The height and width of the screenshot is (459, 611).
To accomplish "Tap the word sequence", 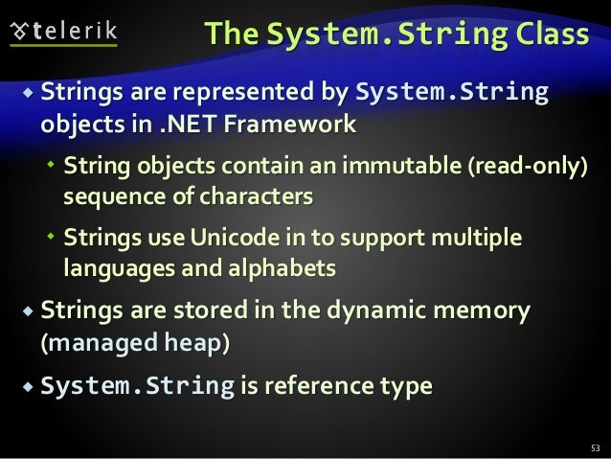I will pos(102,196).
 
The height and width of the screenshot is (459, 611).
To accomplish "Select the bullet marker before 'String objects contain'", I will pos(53,167).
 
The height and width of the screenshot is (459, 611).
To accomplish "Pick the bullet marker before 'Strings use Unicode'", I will pos(53,238).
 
